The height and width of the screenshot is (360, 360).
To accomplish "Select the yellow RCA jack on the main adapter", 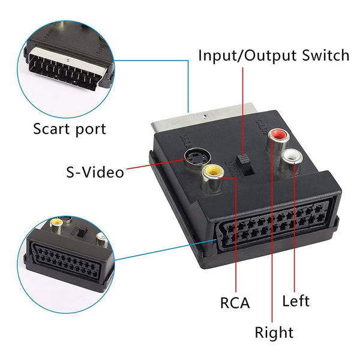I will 212,175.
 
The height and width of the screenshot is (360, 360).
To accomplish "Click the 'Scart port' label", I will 69,128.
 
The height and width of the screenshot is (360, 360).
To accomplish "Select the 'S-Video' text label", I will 94,172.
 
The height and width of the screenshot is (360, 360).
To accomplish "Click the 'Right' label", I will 274,332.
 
